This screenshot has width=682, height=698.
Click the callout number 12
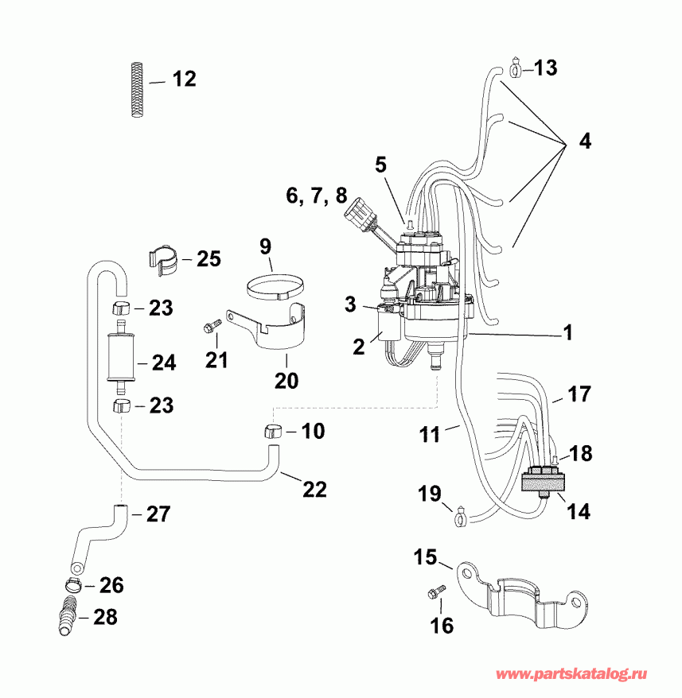click(x=183, y=79)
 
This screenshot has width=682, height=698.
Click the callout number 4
click(x=585, y=143)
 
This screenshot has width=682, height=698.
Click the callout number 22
click(x=314, y=490)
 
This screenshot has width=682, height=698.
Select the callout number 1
click(x=567, y=333)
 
